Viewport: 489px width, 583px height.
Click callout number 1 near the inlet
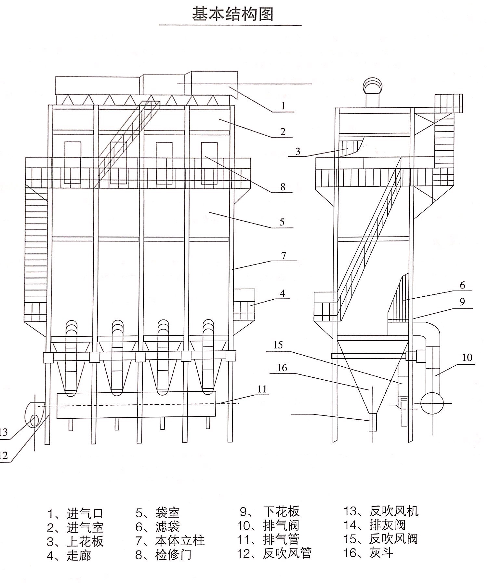[283, 106]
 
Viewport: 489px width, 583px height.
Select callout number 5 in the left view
[282, 222]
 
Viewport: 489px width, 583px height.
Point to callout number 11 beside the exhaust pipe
[262, 389]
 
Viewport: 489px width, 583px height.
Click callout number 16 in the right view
[282, 368]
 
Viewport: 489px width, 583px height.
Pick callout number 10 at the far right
[467, 358]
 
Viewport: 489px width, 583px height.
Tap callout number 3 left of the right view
[298, 152]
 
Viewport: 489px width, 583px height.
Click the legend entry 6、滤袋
[158, 526]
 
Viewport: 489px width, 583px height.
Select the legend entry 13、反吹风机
[381, 511]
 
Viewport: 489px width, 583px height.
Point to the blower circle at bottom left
[33, 422]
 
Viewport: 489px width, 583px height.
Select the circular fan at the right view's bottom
[432, 403]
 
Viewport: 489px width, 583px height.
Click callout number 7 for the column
[284, 256]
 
